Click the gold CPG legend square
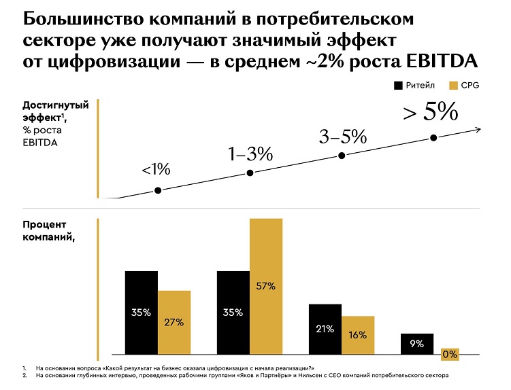455,86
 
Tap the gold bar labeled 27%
174,322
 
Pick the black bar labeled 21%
325,329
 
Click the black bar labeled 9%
417,343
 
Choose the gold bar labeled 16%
358,334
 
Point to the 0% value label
449,354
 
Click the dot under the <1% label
159,191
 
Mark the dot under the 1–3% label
250,173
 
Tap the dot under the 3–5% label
342,156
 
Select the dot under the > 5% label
433,138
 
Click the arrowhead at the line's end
480,129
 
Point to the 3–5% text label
342,137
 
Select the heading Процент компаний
47,231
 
